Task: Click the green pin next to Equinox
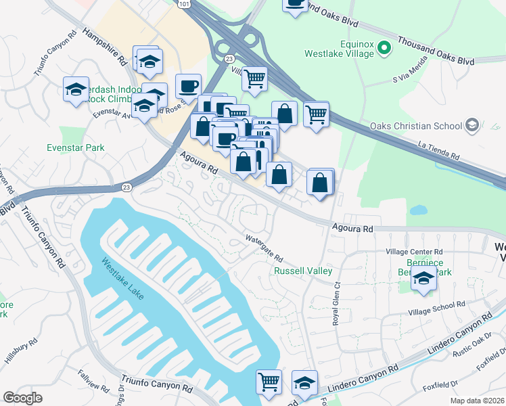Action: [x=384, y=47]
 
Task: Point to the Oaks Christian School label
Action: [x=414, y=126]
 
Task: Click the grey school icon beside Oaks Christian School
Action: [x=471, y=125]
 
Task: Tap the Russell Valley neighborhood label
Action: [x=302, y=271]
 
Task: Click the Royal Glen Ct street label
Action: [x=336, y=305]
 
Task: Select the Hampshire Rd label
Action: [x=106, y=46]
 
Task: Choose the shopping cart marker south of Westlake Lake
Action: [x=269, y=382]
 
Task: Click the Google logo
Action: [x=23, y=397]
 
